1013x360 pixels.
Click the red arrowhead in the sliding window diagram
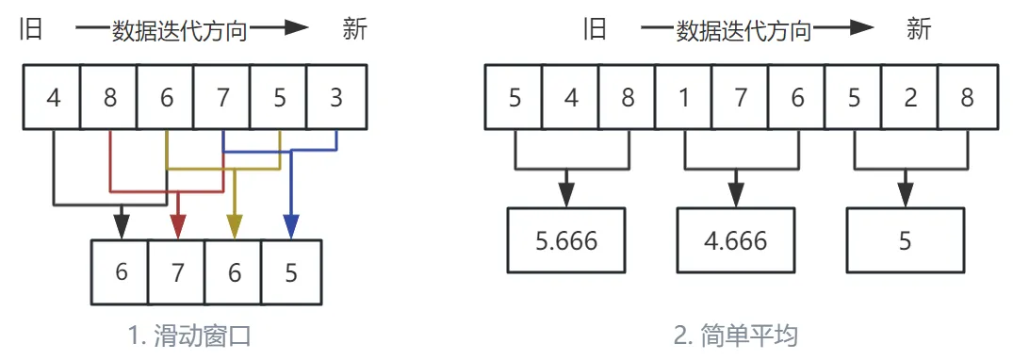(177, 226)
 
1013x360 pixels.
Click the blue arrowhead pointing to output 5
(291, 226)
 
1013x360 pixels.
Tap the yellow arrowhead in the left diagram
(234, 226)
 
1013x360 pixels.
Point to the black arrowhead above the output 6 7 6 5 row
(121, 226)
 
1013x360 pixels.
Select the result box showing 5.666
(566, 240)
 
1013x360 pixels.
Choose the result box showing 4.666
(736, 240)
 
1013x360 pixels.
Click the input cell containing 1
(684, 98)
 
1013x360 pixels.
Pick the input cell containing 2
(910, 98)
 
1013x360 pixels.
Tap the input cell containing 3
(336, 98)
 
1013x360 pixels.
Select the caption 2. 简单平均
(742, 335)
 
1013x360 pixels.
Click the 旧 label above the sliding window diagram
(32, 29)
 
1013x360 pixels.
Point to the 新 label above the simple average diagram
(919, 29)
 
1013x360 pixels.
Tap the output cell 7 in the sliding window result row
(177, 272)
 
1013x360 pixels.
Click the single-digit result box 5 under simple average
(905, 240)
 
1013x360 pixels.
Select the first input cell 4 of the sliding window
(53, 98)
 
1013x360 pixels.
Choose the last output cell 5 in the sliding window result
(291, 272)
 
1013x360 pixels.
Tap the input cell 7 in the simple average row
(741, 98)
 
